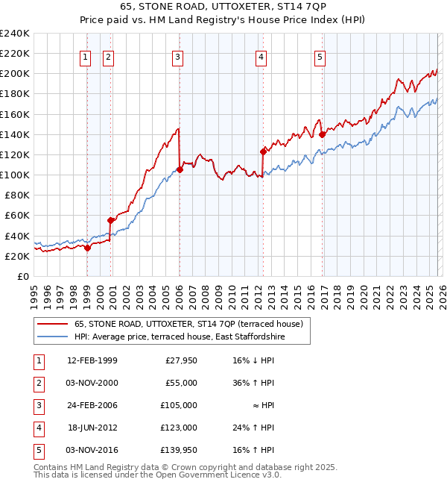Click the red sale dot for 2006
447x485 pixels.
[180, 169]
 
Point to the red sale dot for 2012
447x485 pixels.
[263, 151]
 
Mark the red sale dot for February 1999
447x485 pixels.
[87, 248]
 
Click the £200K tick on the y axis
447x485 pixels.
[15, 74]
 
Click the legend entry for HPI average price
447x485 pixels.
[180, 337]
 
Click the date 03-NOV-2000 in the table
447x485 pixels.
[92, 383]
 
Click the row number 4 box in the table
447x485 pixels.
[38, 428]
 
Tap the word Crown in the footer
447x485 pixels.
[186, 467]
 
